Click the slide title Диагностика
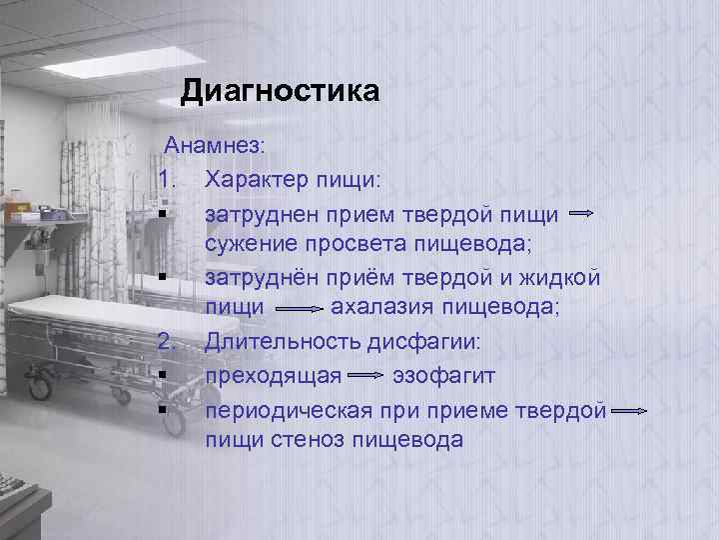point(280,92)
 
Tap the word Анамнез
point(215,146)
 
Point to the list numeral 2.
point(167,343)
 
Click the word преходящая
point(275,376)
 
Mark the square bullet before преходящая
point(161,376)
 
